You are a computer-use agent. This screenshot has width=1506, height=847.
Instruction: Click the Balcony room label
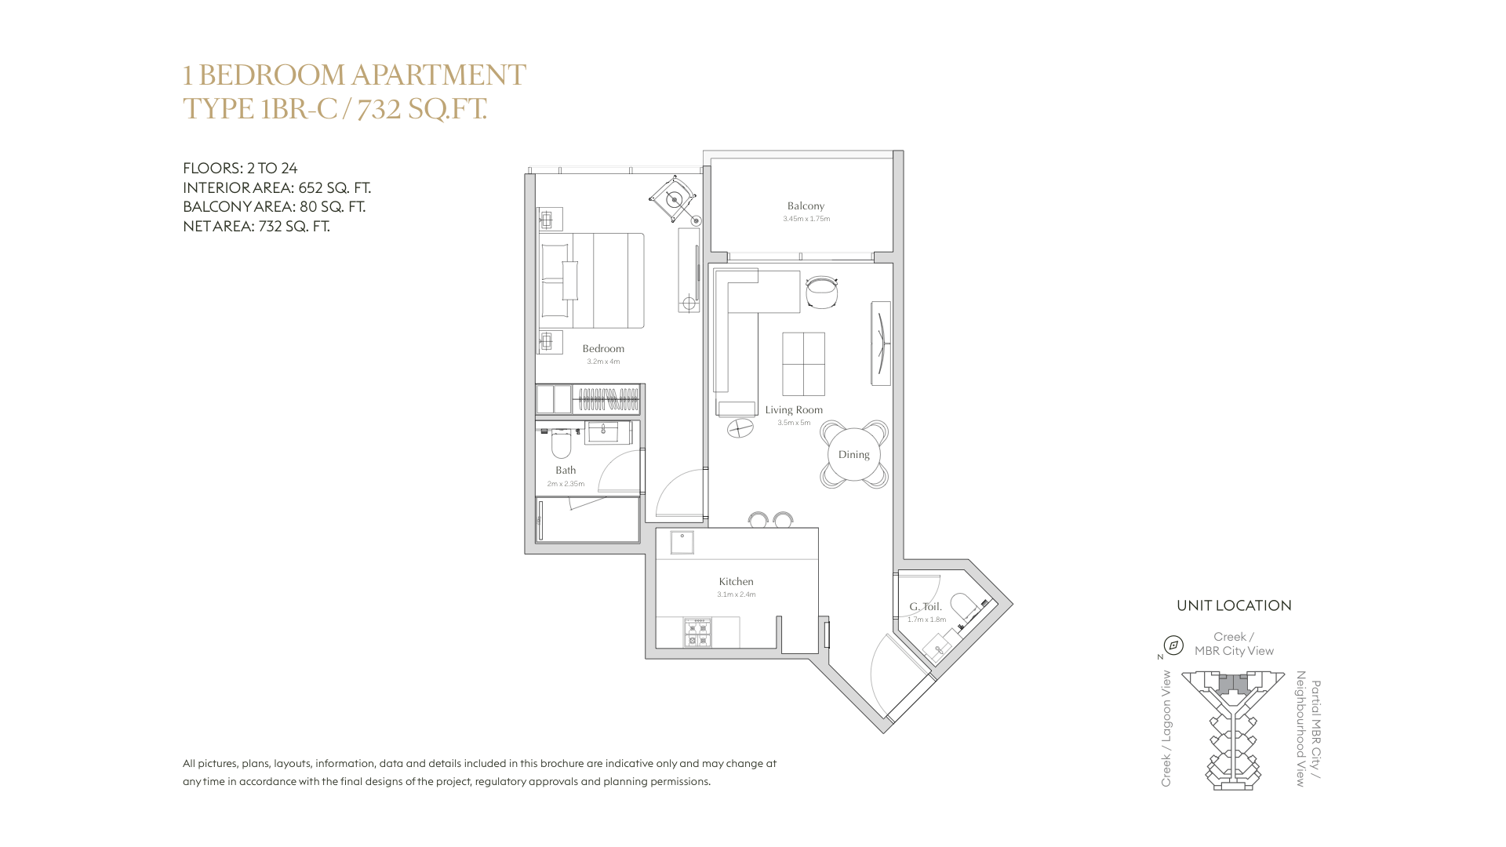pos(806,205)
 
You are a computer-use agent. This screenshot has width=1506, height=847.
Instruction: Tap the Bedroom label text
pos(603,348)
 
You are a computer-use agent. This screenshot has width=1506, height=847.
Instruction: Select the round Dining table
pos(854,454)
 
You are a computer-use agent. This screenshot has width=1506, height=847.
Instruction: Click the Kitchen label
pos(736,581)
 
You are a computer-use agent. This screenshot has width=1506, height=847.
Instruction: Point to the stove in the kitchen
pos(697,632)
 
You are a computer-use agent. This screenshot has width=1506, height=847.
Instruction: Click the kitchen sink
pos(682,543)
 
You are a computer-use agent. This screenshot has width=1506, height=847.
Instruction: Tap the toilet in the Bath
pos(561,444)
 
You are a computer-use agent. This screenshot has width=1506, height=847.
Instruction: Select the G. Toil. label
pos(926,606)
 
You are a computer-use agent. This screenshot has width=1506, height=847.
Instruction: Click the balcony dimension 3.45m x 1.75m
pos(806,219)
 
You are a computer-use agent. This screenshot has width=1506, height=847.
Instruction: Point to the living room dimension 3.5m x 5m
pos(794,423)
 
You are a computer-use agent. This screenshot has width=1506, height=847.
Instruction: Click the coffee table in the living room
pos(803,364)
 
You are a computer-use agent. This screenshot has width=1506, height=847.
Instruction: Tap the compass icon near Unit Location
pos(1173,645)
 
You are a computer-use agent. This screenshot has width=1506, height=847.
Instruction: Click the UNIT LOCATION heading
pos(1234,605)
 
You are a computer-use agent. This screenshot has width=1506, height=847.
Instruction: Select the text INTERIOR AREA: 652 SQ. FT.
pos(277,187)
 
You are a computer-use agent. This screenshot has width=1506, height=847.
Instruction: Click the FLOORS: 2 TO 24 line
pos(240,168)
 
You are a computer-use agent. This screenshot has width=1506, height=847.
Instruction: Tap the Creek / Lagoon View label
pos(1166,729)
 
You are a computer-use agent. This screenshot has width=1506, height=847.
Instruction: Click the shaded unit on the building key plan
pos(1233,684)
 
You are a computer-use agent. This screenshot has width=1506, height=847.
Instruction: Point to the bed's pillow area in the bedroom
pos(555,281)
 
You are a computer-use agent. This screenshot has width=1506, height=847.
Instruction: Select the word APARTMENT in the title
pos(438,75)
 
